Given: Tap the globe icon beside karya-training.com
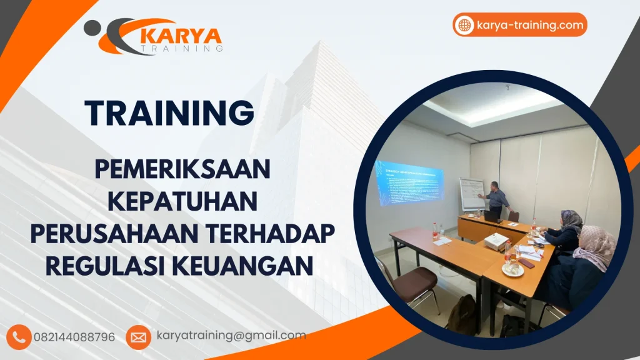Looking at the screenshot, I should tap(464, 25).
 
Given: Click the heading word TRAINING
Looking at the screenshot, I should tap(170, 113).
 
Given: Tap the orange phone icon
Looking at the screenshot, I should tap(21, 337).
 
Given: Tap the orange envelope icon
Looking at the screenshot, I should tap(138, 337).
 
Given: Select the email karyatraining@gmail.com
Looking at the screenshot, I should tap(231, 336).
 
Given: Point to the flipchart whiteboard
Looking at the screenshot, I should tap(472, 194).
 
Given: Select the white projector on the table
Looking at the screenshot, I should tap(496, 240).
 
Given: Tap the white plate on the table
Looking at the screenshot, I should tap(512, 269).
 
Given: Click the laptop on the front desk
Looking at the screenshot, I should tap(491, 216).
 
